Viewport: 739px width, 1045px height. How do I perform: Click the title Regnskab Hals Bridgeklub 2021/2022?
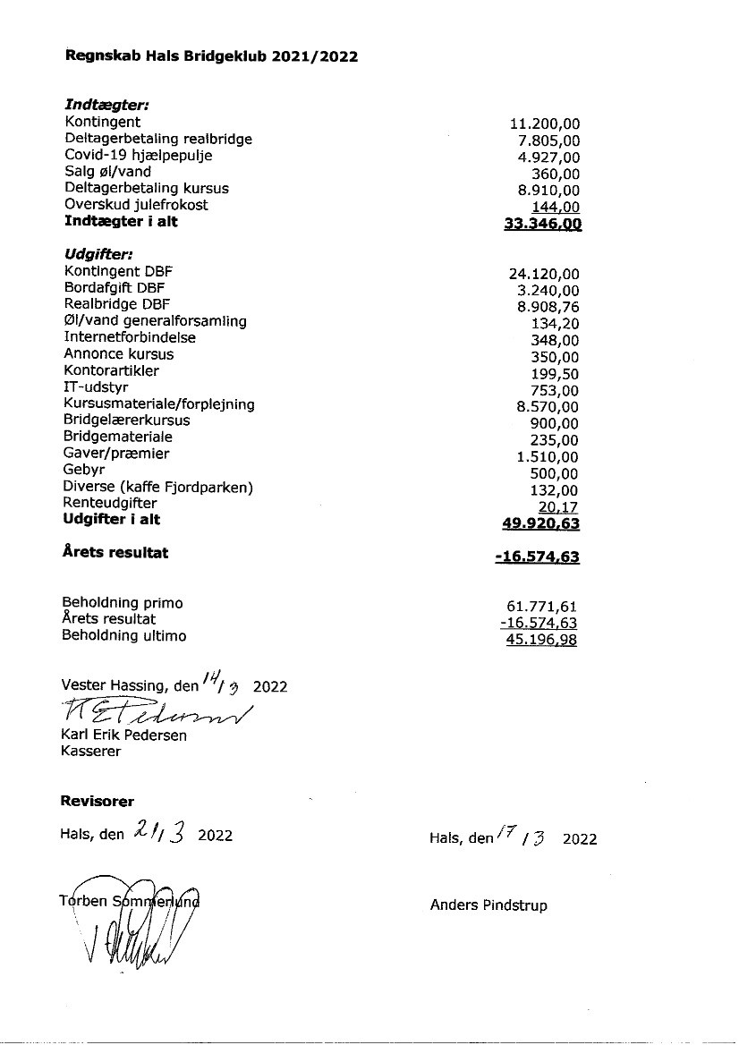(x=212, y=56)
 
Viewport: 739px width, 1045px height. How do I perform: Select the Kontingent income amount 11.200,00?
(x=544, y=123)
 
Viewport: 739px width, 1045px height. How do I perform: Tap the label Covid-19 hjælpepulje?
(x=138, y=156)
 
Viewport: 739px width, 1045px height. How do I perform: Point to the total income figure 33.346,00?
(x=543, y=223)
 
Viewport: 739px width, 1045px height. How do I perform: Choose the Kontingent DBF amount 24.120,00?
(x=544, y=274)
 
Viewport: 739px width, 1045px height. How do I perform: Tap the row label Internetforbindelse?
(x=130, y=337)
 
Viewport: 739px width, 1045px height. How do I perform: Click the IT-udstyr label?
(x=96, y=387)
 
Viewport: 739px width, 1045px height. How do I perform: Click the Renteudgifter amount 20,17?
(x=557, y=507)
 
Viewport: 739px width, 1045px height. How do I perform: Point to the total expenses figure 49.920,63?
(x=541, y=524)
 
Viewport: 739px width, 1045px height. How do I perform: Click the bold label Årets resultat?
(x=115, y=552)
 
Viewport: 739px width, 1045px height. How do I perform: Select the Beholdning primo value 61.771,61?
(x=541, y=607)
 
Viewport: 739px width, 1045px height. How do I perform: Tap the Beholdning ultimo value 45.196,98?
(x=541, y=640)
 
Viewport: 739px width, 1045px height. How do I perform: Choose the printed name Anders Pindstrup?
(x=488, y=905)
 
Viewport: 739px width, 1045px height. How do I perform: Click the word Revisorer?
(x=97, y=801)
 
